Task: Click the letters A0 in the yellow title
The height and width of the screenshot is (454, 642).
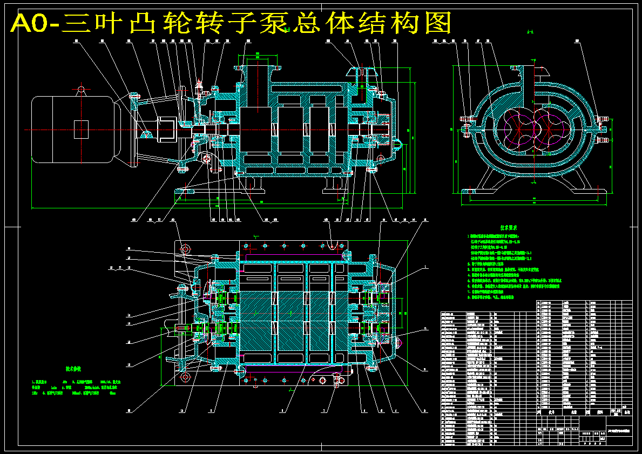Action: tap(33, 23)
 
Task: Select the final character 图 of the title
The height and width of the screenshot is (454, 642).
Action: tap(435, 23)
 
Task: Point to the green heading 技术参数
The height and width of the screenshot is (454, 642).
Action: tap(74, 370)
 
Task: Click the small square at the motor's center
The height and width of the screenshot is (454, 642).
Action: tap(81, 130)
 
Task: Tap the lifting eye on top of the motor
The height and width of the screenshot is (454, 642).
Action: tap(81, 89)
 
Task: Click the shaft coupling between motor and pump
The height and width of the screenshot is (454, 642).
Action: tap(166, 130)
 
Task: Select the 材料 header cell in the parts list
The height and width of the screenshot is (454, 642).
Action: tap(599, 411)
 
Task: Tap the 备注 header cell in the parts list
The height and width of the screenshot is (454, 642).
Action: tap(626, 411)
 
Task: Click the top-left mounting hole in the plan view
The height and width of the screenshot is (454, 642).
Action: tap(186, 249)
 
